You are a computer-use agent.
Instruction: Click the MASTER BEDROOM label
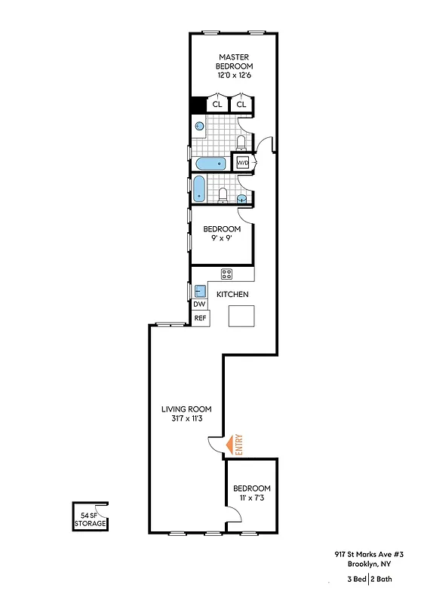[x=235, y=62]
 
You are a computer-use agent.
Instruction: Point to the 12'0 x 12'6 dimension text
[x=235, y=76]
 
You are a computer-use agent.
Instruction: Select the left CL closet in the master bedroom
[x=217, y=105]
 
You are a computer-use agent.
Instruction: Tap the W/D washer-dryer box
[x=244, y=163]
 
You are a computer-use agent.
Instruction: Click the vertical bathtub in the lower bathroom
[x=200, y=188]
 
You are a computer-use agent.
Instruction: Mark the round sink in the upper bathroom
[x=200, y=127]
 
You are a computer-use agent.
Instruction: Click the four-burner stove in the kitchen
[x=226, y=274]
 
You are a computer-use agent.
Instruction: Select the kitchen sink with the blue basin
[x=201, y=291]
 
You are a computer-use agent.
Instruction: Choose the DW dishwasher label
[x=199, y=305]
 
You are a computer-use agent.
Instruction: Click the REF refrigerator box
[x=200, y=318]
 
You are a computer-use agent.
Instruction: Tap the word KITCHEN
[x=233, y=295]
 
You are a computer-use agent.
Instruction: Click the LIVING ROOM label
[x=186, y=409]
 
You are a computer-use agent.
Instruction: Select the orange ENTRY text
[x=239, y=444]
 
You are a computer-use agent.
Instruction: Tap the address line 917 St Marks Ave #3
[x=367, y=552]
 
